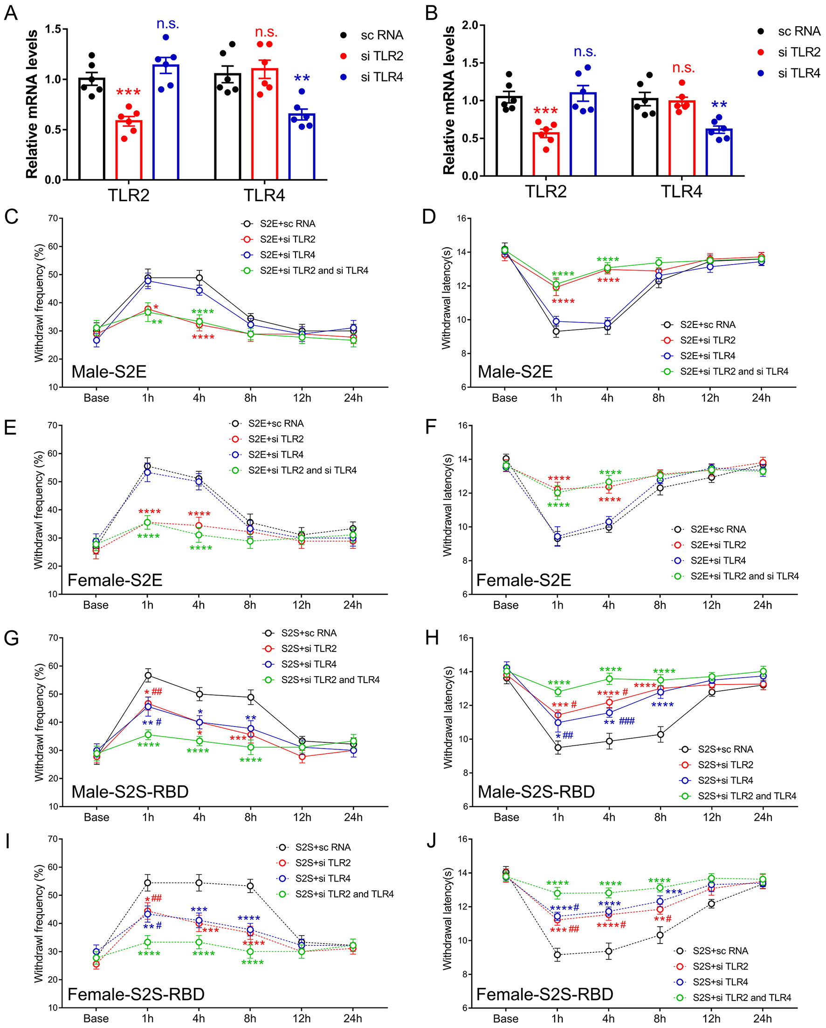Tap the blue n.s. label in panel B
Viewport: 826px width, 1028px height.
[585, 51]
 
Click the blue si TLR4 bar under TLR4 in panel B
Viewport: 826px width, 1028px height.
[718, 153]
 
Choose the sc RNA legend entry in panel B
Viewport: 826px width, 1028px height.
[798, 31]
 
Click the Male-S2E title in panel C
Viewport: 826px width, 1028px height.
[109, 371]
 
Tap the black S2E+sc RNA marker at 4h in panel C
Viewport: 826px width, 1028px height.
[199, 278]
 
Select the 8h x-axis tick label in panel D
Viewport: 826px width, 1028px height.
[658, 398]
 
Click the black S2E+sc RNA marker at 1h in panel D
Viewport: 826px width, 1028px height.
[556, 331]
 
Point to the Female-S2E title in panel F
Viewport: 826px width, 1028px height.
[523, 580]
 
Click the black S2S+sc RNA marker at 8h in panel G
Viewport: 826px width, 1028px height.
[251, 697]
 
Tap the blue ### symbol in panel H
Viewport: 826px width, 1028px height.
[626, 721]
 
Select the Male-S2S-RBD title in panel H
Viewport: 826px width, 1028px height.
[536, 791]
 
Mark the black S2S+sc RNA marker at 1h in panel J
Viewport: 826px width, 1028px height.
[557, 955]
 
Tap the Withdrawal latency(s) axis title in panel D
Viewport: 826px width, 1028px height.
[447, 298]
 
